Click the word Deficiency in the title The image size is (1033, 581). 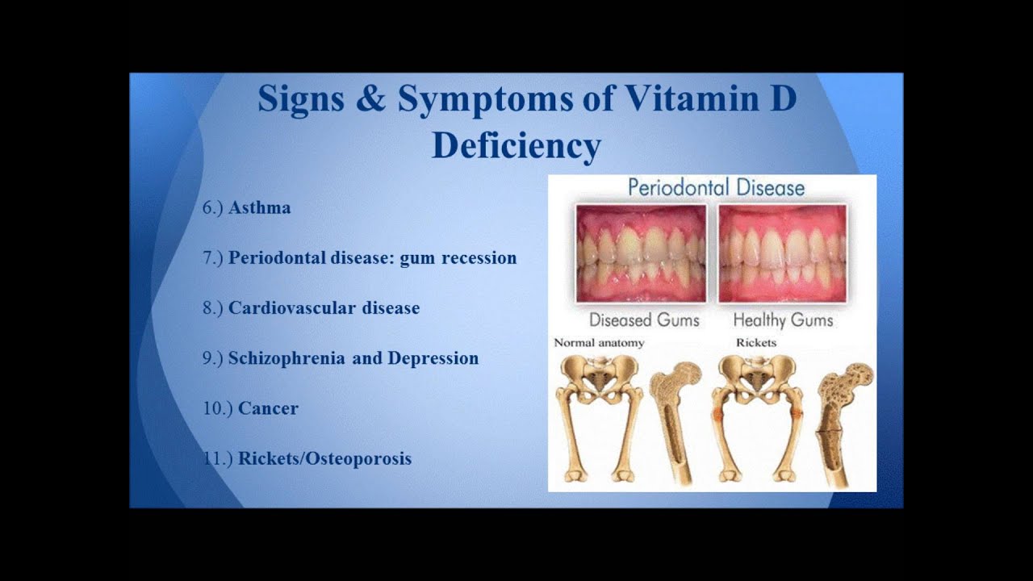[516, 147]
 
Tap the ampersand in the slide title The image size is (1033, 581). [370, 98]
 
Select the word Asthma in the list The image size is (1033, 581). [260, 208]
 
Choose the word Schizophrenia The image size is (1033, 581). [286, 359]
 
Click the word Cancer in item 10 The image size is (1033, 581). [268, 408]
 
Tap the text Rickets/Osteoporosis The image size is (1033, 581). [324, 459]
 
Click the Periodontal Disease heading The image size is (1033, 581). [716, 188]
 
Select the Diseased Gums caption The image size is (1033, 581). [644, 320]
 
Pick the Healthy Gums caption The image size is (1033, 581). [783, 320]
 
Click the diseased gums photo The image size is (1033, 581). [641, 253]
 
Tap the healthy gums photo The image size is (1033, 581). [782, 253]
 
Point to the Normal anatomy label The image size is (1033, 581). [599, 343]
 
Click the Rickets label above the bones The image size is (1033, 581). [756, 343]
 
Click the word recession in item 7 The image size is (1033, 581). [479, 258]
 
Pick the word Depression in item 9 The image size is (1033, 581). [433, 359]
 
